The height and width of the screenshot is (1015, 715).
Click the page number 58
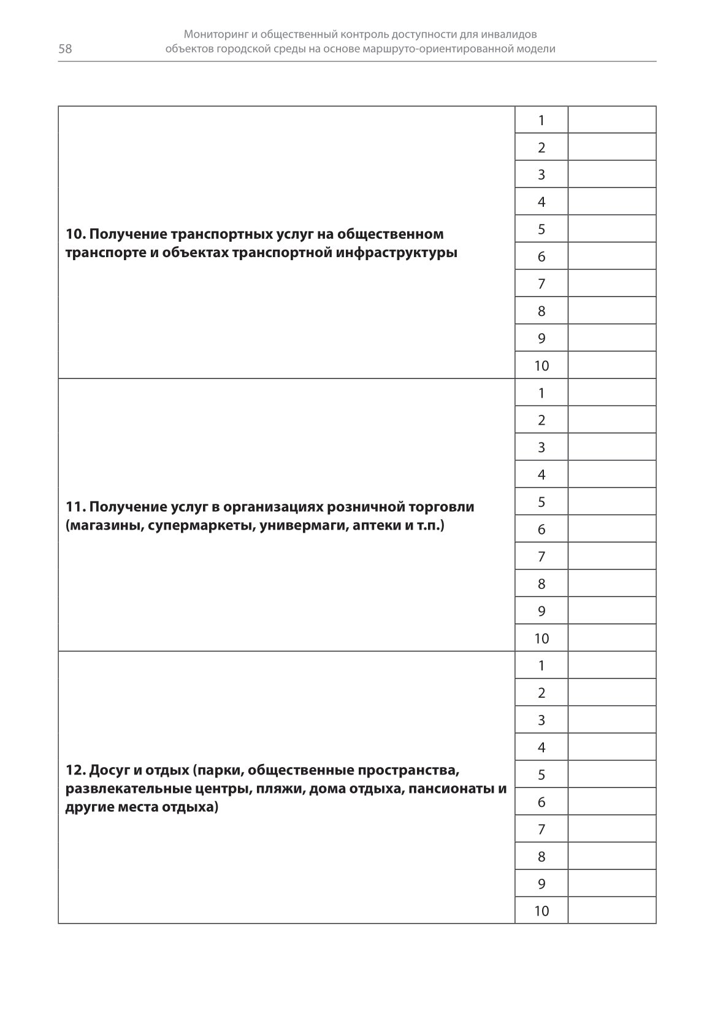(x=65, y=49)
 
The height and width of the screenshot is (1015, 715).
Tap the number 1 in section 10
(x=541, y=120)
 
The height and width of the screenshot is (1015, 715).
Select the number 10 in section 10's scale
(x=541, y=366)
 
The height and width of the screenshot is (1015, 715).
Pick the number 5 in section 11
(x=541, y=502)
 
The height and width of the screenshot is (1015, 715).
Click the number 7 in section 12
(x=541, y=830)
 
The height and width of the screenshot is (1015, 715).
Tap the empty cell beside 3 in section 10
(x=611, y=175)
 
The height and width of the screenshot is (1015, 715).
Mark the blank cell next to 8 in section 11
(x=611, y=584)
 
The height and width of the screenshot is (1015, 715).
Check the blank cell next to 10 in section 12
(x=611, y=911)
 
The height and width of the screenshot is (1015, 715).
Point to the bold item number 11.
(x=75, y=507)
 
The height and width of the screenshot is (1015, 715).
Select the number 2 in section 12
(x=541, y=693)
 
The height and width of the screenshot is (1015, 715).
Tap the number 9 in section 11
(x=541, y=611)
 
